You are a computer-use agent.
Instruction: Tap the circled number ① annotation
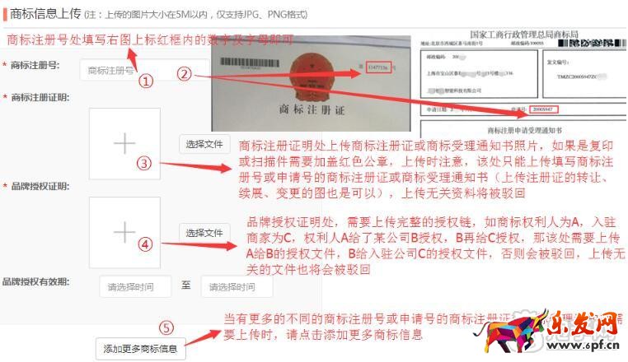click(145, 81)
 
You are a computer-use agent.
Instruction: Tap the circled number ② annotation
click(185, 73)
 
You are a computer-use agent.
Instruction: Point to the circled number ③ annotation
click(144, 163)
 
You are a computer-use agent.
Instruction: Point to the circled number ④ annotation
click(145, 244)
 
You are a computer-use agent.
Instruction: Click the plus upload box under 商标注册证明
click(124, 144)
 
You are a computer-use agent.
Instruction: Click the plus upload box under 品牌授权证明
click(124, 233)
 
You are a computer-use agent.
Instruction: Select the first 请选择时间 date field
click(135, 287)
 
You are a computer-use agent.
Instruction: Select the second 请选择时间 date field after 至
click(236, 287)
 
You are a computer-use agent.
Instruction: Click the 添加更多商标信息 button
click(140, 349)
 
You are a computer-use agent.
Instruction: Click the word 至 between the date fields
click(186, 286)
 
